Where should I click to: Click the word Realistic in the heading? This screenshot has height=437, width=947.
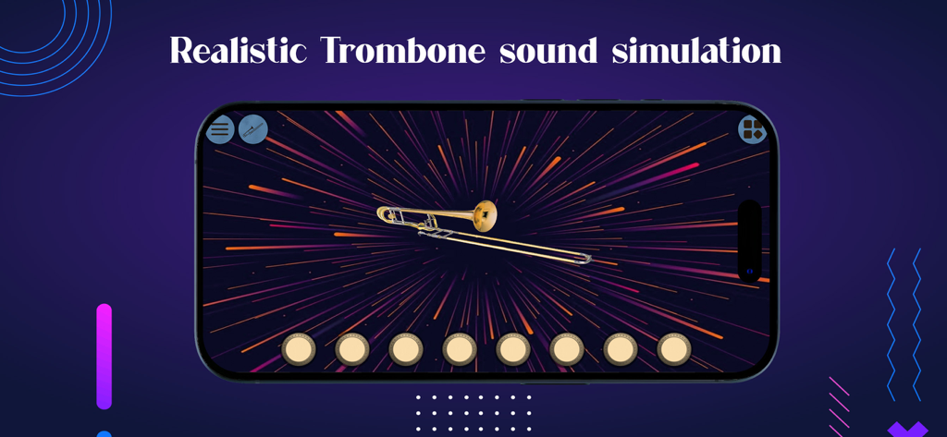tap(238, 51)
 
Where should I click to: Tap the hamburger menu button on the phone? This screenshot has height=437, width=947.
tap(220, 129)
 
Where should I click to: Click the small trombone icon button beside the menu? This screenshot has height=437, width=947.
tap(252, 129)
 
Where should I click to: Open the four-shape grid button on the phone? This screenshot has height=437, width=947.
tap(753, 129)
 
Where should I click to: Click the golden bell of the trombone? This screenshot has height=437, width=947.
tap(484, 215)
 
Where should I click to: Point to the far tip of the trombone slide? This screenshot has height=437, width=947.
tap(585, 259)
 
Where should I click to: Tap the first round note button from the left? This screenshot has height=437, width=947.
tap(299, 349)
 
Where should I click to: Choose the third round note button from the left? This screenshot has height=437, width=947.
tap(406, 349)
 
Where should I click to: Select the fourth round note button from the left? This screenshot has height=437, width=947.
tap(460, 349)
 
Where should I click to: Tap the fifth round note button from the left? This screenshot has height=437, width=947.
tap(513, 349)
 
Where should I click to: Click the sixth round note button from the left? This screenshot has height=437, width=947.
tap(567, 349)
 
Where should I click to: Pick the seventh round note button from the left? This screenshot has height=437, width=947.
tap(621, 349)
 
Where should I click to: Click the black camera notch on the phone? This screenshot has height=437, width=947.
tap(749, 240)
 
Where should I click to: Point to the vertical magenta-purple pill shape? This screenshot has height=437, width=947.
tap(104, 356)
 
